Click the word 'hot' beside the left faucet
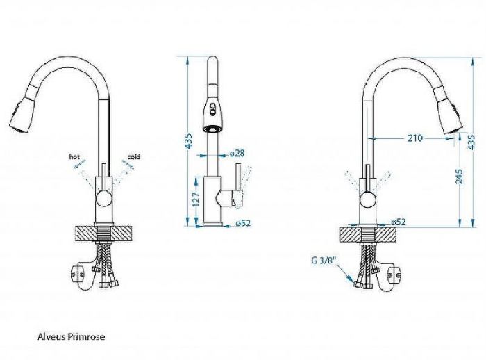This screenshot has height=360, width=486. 74,157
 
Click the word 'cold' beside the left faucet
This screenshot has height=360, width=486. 133,156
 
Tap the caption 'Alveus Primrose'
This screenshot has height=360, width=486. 72,337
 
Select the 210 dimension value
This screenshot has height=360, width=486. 414,138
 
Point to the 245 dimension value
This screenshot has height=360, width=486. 460,177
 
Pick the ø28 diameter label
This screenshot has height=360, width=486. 237,153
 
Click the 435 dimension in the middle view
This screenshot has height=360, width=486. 188,140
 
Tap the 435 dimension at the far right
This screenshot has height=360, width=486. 471,142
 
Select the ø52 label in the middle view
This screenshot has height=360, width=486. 243,223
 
